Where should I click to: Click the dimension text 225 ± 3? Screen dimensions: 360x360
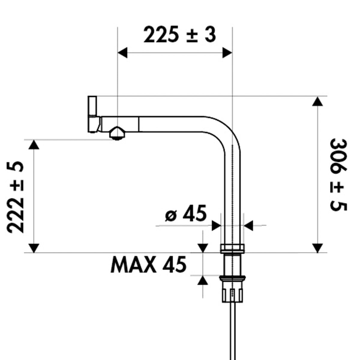(179, 35)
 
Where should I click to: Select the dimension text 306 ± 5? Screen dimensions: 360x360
(338, 175)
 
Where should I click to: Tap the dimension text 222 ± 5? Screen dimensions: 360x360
(15, 197)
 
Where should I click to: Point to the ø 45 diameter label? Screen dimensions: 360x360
(186, 213)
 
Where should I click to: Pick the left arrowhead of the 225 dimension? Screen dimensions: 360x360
(123, 53)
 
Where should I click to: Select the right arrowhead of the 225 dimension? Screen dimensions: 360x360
(227, 53)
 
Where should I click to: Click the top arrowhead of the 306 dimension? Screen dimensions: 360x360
(317, 101)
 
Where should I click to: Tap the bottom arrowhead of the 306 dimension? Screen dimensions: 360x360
(317, 248)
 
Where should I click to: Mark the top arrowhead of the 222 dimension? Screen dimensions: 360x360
(34, 145)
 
